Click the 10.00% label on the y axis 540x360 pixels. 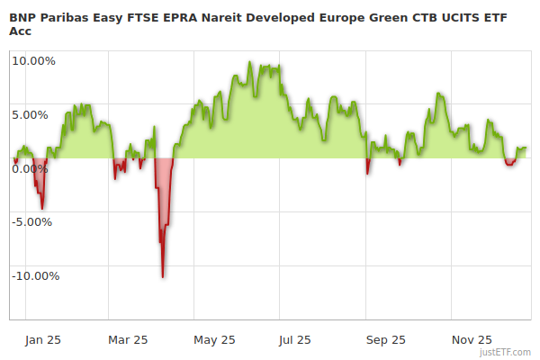(x=33, y=61)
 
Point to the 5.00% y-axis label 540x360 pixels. (x=33, y=114)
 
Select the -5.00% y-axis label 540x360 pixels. (x=33, y=221)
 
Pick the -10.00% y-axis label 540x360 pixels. (x=35, y=275)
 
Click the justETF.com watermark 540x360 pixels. (x=505, y=351)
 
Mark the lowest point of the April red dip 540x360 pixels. (x=162, y=276)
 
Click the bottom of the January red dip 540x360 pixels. (x=41, y=209)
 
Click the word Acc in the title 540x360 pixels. (x=21, y=30)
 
